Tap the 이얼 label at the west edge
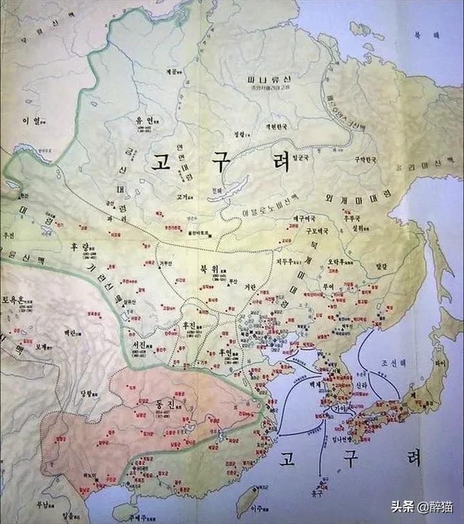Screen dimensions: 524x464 click(31, 121)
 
